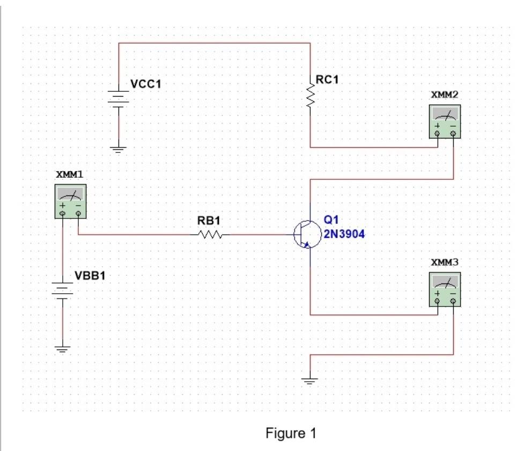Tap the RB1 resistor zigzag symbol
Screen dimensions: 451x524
click(210, 235)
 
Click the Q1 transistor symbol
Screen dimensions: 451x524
click(305, 235)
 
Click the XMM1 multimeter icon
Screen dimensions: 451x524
click(71, 201)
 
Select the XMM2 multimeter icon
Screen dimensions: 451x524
click(446, 121)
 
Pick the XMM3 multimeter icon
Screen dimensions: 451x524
click(445, 289)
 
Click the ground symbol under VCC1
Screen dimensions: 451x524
click(118, 149)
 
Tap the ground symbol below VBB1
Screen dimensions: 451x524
click(63, 349)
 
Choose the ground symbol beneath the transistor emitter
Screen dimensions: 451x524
click(309, 381)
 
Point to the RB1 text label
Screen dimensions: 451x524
click(209, 221)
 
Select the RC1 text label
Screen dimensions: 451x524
click(327, 80)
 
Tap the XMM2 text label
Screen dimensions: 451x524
click(445, 94)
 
